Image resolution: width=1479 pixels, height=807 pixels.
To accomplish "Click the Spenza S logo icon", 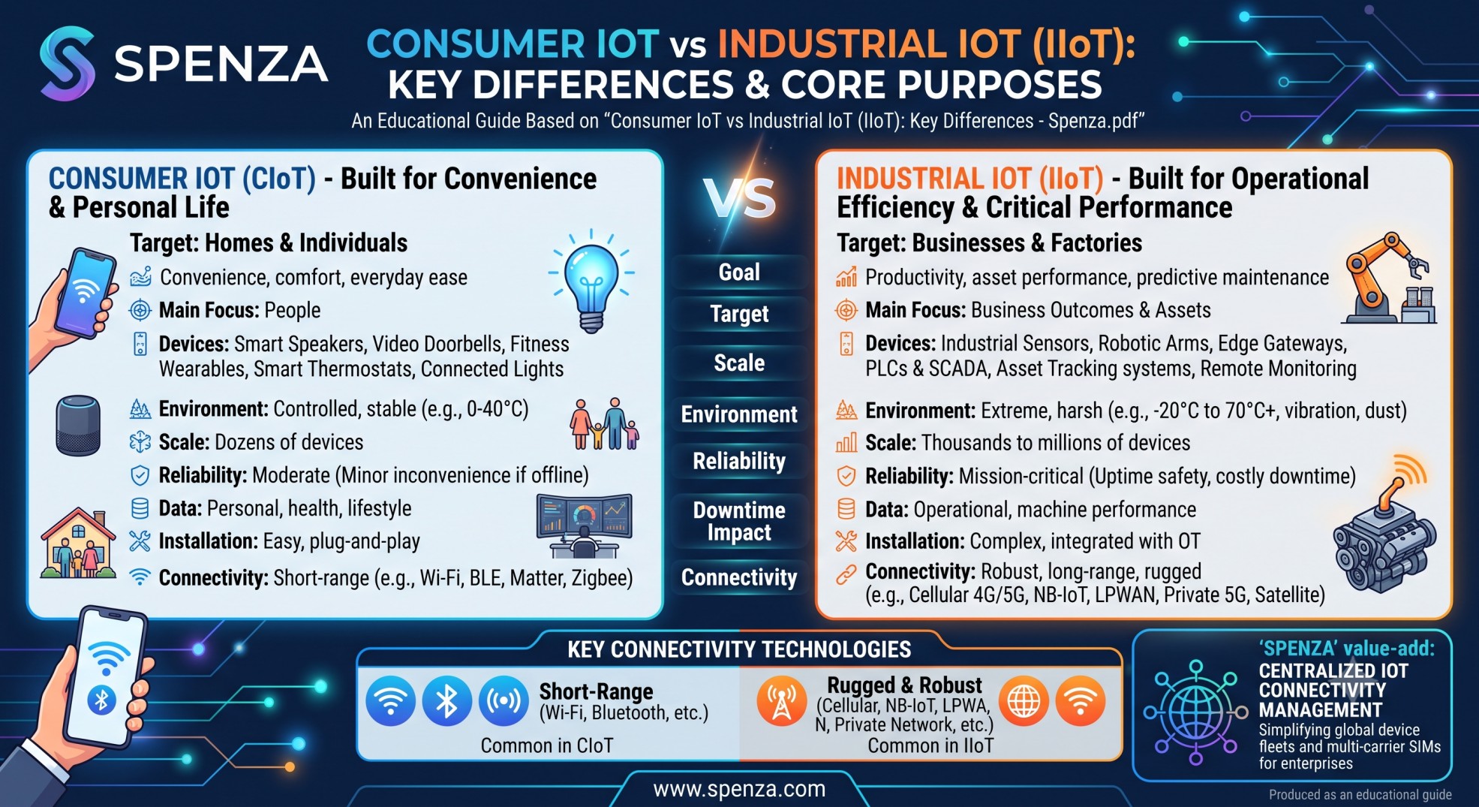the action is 68,63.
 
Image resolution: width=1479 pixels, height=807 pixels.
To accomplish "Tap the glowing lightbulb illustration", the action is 591,282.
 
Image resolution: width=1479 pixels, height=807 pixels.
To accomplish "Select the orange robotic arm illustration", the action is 1389,278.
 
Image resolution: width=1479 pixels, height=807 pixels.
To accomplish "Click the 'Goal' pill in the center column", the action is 739,273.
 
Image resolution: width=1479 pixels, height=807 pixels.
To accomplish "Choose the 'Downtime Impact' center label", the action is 739,521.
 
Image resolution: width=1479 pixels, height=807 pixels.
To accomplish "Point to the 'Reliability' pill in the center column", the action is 739,461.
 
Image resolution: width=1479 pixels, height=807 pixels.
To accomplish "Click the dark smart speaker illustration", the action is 78,425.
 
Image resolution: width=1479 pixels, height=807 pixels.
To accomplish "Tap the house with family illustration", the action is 78,543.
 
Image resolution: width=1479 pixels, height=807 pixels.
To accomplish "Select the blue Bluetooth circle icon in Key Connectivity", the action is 447,701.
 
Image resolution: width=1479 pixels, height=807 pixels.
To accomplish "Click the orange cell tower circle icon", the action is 782,701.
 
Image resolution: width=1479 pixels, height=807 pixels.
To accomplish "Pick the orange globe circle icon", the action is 1024,701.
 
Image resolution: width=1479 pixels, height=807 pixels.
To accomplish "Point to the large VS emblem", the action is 740,199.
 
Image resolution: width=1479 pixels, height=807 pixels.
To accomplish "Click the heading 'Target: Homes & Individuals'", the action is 269,243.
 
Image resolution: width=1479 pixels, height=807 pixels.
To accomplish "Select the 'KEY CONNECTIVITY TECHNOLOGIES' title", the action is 739,649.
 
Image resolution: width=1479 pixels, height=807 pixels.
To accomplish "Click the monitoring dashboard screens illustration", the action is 585,525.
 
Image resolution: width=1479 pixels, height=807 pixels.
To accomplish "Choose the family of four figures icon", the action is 605,424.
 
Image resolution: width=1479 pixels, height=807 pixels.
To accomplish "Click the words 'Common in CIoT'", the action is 547,745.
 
